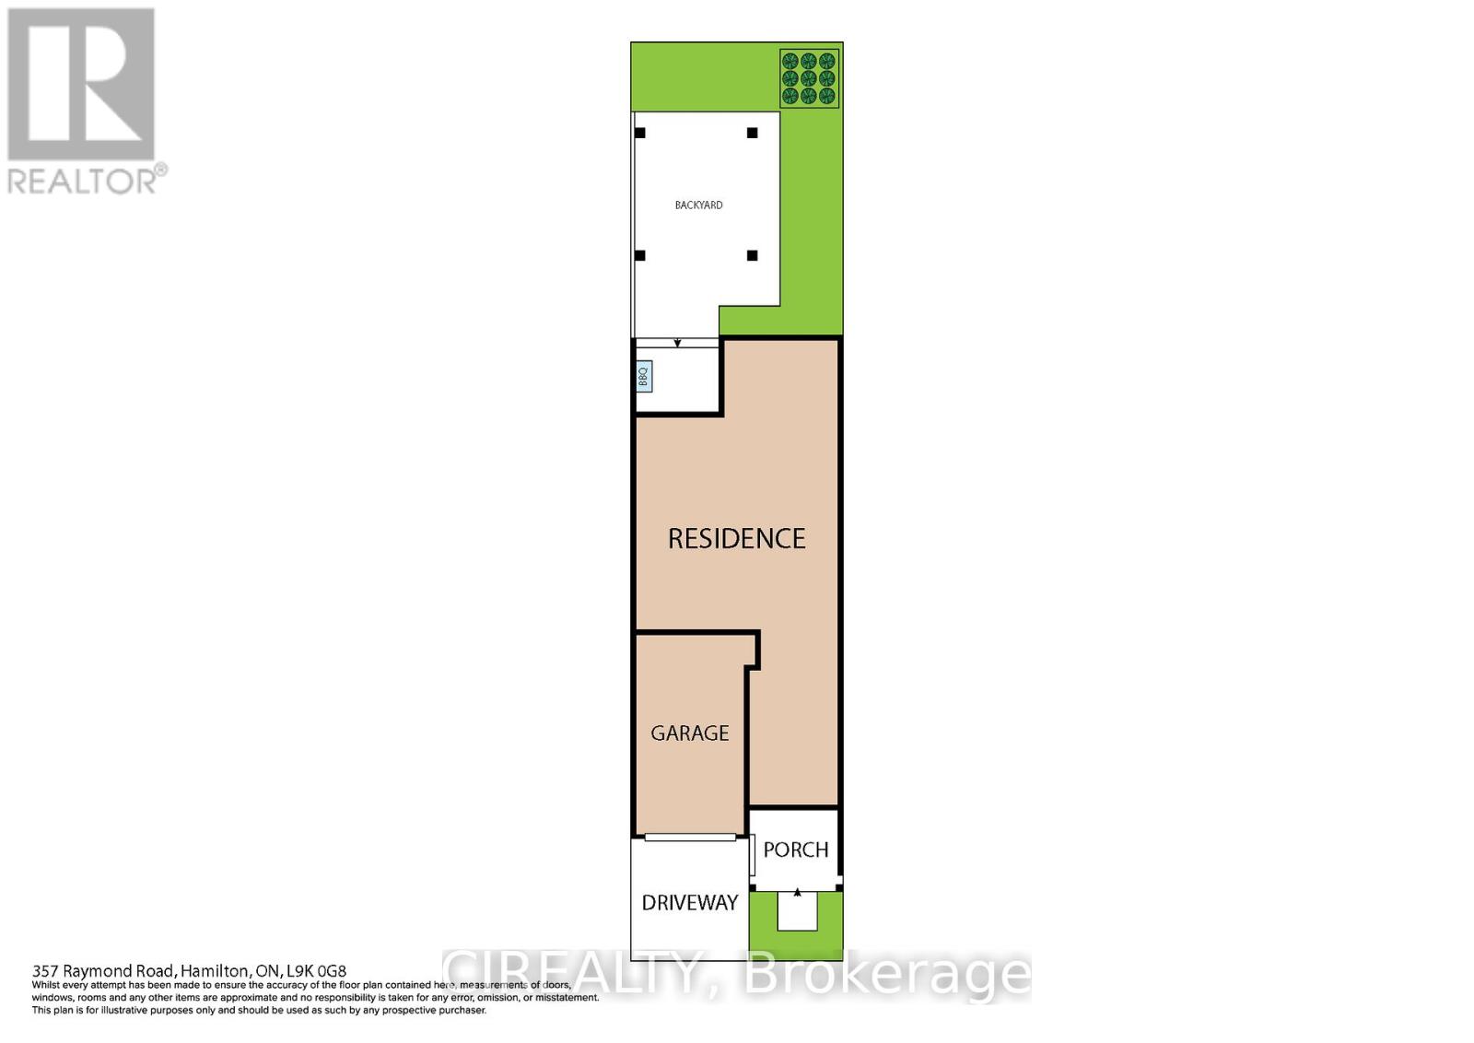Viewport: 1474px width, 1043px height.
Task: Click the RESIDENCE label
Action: [x=736, y=538]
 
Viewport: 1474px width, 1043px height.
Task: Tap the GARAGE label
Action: [x=689, y=732]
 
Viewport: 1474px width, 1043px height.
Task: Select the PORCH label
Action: [x=795, y=850]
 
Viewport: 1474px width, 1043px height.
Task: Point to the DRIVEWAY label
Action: [x=690, y=902]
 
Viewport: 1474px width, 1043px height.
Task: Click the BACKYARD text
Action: [x=698, y=205]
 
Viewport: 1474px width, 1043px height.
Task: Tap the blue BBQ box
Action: [x=644, y=376]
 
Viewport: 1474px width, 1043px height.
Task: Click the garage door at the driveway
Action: [x=690, y=838]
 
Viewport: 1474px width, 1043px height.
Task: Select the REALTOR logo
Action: [x=85, y=101]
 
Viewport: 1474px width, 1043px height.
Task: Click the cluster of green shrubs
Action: [x=809, y=78]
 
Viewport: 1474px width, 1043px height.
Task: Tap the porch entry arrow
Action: [x=797, y=892]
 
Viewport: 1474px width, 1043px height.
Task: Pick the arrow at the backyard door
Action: [x=677, y=344]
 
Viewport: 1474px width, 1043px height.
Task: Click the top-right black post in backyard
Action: [x=752, y=133]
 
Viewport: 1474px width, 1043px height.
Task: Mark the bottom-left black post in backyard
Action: [x=640, y=255]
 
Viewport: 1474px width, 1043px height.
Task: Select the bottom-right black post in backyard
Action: [x=752, y=255]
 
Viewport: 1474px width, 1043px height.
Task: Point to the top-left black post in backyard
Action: [x=640, y=133]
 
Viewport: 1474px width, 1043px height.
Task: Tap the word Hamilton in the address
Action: [x=215, y=970]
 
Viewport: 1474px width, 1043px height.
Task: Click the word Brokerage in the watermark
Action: [x=886, y=973]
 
